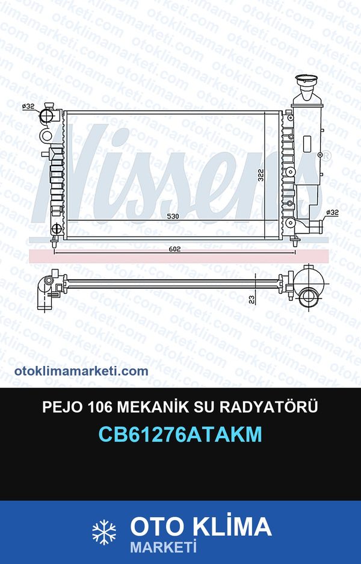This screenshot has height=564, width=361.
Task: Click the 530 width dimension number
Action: click(x=173, y=216)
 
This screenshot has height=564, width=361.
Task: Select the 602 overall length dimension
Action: click(x=174, y=249)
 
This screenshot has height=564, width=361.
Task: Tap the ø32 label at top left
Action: click(x=28, y=106)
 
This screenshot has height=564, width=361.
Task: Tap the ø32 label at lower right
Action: click(x=333, y=212)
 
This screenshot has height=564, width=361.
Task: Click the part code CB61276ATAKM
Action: click(x=180, y=434)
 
